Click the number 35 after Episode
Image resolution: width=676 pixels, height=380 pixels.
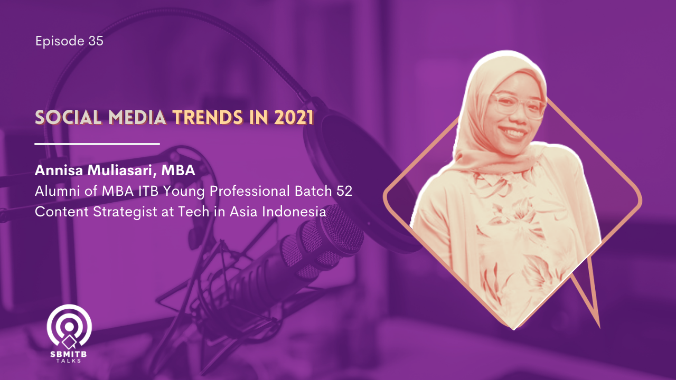click(96, 41)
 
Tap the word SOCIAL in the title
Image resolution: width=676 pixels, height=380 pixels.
click(68, 117)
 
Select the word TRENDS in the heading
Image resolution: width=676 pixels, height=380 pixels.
click(208, 117)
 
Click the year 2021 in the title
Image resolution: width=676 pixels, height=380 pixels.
click(294, 117)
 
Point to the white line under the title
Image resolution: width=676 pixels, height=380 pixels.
click(97, 144)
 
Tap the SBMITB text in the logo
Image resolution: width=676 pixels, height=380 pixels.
click(69, 354)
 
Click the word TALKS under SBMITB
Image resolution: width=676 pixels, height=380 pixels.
click(69, 360)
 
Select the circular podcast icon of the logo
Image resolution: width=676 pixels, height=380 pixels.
click(69, 326)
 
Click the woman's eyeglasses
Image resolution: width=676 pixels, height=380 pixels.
click(518, 106)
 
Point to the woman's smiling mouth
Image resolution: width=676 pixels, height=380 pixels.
click(513, 132)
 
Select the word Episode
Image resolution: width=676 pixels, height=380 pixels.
click(60, 41)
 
